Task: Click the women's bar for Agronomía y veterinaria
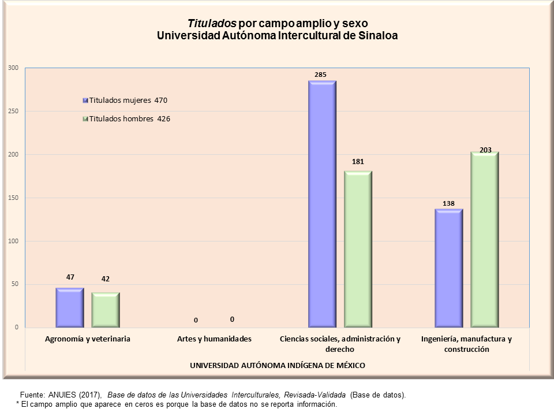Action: (x=70, y=307)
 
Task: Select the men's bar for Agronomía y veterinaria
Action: (x=106, y=310)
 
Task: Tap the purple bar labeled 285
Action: (x=322, y=204)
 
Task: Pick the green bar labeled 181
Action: (x=358, y=249)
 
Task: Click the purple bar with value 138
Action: (x=449, y=268)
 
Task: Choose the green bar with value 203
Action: (x=485, y=240)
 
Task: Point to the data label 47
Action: (x=70, y=277)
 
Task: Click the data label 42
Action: (x=106, y=279)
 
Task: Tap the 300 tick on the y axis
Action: (x=13, y=68)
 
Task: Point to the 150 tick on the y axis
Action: (x=13, y=198)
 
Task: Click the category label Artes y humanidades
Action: (x=214, y=339)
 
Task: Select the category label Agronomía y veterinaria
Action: (x=88, y=339)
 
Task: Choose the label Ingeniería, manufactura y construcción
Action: (x=466, y=344)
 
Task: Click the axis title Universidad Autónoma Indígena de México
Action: (x=278, y=365)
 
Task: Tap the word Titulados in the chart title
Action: (x=212, y=24)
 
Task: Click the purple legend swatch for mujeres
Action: (x=85, y=100)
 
